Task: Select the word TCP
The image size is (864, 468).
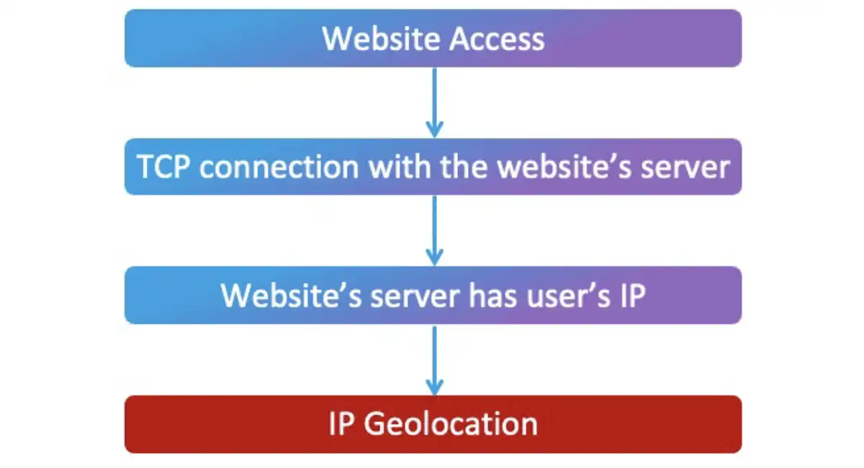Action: (x=164, y=167)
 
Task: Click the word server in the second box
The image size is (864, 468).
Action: (x=687, y=167)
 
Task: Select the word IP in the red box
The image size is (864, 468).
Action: (x=341, y=423)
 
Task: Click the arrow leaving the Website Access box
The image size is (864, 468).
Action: (x=433, y=101)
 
